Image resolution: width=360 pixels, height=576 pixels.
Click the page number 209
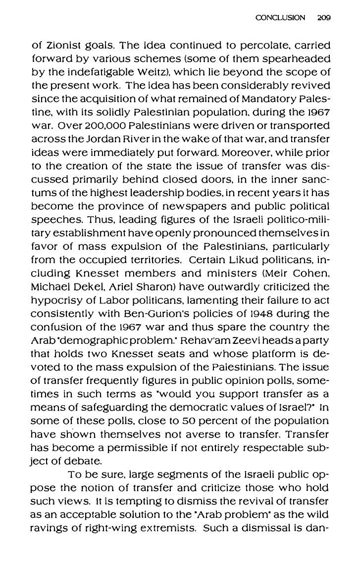coord(324,17)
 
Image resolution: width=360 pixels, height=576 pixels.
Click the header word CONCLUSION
coord(280,17)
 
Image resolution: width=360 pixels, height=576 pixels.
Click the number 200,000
coord(106,120)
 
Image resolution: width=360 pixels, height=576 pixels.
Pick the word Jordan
coord(92,133)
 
